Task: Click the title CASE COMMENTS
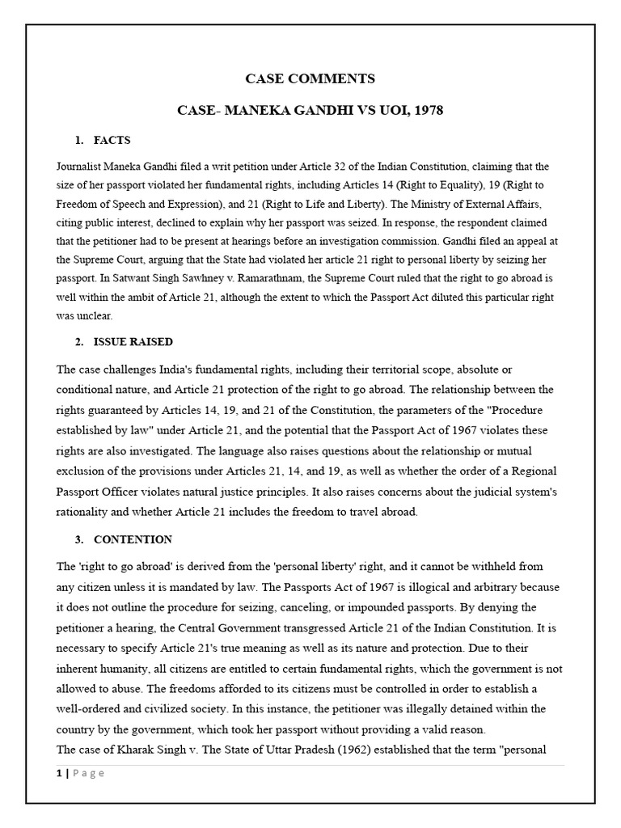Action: pos(310,78)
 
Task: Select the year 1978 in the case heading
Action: pos(426,110)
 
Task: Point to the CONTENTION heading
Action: pos(133,539)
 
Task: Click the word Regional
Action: pos(537,470)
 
